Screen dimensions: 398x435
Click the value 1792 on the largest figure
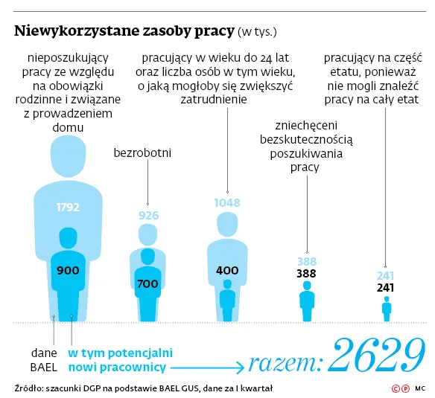(x=68, y=208)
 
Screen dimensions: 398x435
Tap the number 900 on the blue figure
(x=68, y=270)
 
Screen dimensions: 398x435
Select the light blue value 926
(x=148, y=216)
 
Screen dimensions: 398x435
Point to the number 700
(x=147, y=283)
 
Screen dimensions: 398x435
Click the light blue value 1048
(x=226, y=202)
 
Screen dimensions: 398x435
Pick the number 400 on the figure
(x=226, y=270)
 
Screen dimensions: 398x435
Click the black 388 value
(x=306, y=274)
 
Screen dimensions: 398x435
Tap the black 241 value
(x=385, y=287)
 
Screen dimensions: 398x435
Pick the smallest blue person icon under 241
(x=386, y=308)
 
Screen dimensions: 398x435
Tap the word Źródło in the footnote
(x=27, y=388)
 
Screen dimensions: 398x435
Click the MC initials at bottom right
(x=420, y=388)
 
